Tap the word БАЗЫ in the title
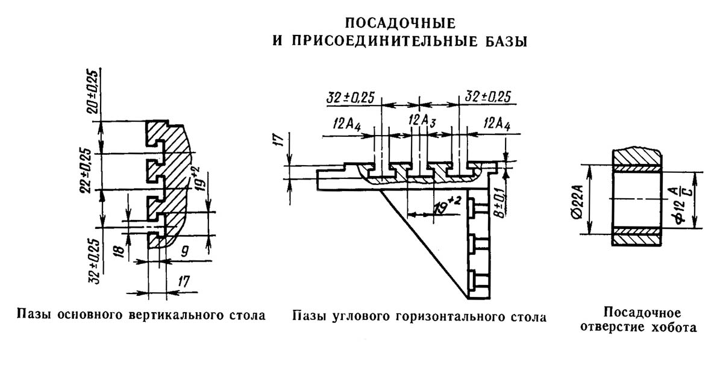499,42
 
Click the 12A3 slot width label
421,120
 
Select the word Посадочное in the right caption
642,313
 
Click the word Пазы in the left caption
34,315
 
